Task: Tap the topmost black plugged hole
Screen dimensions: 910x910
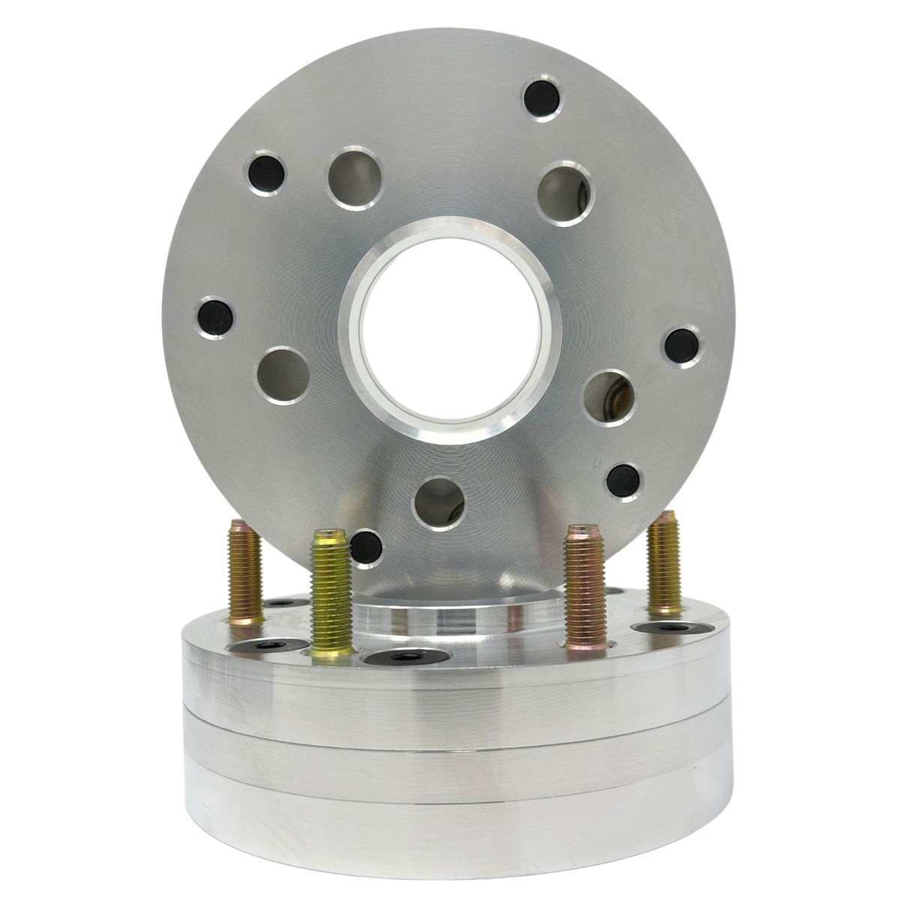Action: pos(542,96)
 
